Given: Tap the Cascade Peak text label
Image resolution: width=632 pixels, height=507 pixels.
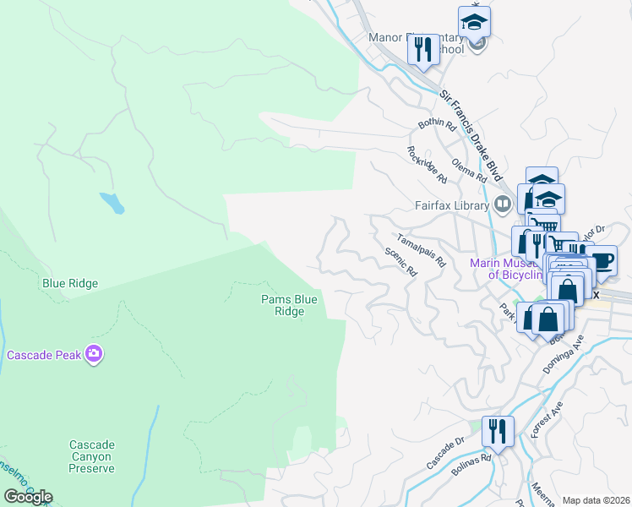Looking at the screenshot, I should point(44,356).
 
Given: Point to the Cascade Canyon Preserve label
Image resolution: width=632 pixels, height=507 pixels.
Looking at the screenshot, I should point(91,456).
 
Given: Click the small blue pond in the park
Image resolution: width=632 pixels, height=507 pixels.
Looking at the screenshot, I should point(112,203).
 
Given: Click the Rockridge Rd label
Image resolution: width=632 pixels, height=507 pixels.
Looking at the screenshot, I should point(427,165).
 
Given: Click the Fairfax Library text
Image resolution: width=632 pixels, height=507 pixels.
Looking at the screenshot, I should point(452,204).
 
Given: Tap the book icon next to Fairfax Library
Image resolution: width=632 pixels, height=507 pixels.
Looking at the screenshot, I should point(502,204).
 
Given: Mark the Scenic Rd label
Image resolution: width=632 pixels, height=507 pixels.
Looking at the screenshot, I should point(401,263).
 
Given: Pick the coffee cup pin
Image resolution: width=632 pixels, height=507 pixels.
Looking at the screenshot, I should point(602,259).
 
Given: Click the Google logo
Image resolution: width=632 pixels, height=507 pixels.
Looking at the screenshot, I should point(28,497).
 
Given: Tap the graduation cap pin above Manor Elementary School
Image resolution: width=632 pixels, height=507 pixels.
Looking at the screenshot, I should point(475,21).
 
